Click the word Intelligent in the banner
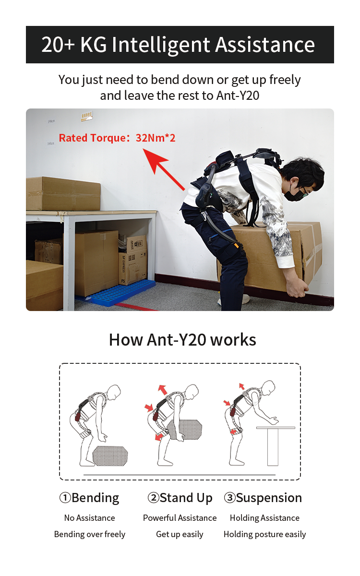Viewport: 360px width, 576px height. [162, 45]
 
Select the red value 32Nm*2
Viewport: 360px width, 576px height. [156, 138]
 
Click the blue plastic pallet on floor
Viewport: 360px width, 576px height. [115, 293]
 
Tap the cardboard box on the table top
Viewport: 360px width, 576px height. [63, 193]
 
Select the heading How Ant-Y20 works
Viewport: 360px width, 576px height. [182, 339]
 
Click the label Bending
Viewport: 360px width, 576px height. [95, 498]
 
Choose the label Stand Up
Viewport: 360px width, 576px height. [186, 498]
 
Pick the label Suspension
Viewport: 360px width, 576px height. [269, 498]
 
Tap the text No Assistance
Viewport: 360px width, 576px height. [90, 518]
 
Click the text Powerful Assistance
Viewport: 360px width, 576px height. [180, 518]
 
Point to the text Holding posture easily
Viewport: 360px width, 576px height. [264, 534]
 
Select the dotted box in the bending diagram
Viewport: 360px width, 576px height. [110, 455]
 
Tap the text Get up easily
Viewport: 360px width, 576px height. [180, 534]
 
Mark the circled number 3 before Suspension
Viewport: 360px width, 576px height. [229, 498]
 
